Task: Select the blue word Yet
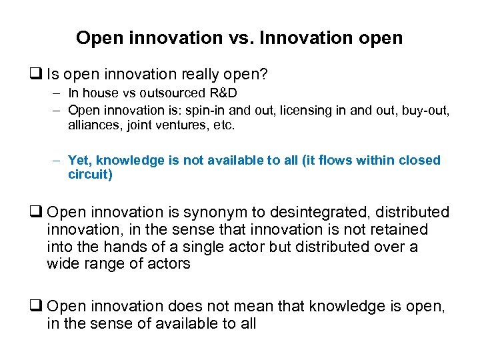coord(79,161)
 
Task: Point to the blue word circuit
coord(90,175)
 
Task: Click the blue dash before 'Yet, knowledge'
coord(58,161)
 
